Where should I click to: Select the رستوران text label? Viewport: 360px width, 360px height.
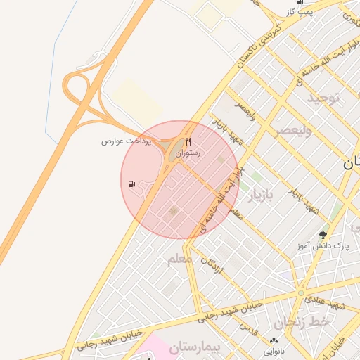[188, 153]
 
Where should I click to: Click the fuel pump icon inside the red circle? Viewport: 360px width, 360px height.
[132, 184]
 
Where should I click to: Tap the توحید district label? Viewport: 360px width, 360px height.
[323, 97]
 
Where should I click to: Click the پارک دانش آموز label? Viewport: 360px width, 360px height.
[323, 245]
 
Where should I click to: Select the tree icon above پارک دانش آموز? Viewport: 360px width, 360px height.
[323, 234]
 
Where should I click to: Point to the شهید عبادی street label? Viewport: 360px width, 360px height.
[337, 304]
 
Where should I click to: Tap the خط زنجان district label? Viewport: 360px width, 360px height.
[302, 322]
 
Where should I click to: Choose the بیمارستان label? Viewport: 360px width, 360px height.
[196, 347]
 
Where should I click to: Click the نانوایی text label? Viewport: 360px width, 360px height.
[274, 351]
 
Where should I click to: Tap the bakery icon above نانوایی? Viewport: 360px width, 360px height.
[274, 341]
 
